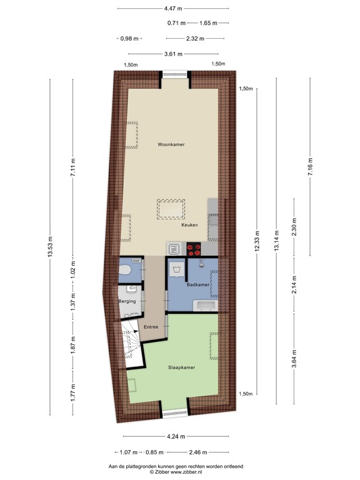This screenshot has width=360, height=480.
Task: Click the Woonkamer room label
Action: pyautogui.click(x=171, y=144)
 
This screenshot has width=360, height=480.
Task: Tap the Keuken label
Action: pyautogui.click(x=189, y=225)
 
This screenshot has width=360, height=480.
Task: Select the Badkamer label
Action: pyautogui.click(x=197, y=284)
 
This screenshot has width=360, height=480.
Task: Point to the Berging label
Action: pyautogui.click(x=127, y=301)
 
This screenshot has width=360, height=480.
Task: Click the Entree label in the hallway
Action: pyautogui.click(x=151, y=327)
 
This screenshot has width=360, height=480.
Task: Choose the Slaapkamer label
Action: pyautogui.click(x=182, y=367)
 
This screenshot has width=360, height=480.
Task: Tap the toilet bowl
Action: pyautogui.click(x=125, y=270)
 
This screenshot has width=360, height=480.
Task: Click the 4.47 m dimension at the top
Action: pyautogui.click(x=173, y=8)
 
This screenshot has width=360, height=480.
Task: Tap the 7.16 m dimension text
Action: pyautogui.click(x=311, y=167)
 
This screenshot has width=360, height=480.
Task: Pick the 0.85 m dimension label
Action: pyautogui.click(x=154, y=452)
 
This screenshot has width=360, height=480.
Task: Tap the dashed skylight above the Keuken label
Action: pyautogui.click(x=171, y=208)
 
